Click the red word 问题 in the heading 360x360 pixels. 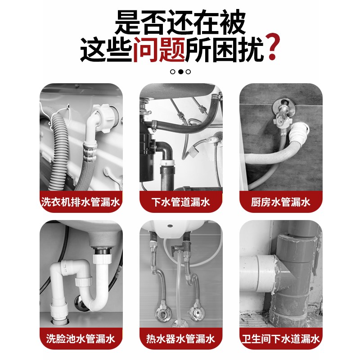click(159, 49)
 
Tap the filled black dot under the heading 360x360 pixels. click(180, 72)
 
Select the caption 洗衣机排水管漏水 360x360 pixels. click(81, 202)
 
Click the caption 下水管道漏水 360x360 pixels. click(180, 202)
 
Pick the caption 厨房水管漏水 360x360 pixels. click(280, 202)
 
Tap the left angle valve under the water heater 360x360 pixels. click(160, 313)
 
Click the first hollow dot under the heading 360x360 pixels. click(173, 72)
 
